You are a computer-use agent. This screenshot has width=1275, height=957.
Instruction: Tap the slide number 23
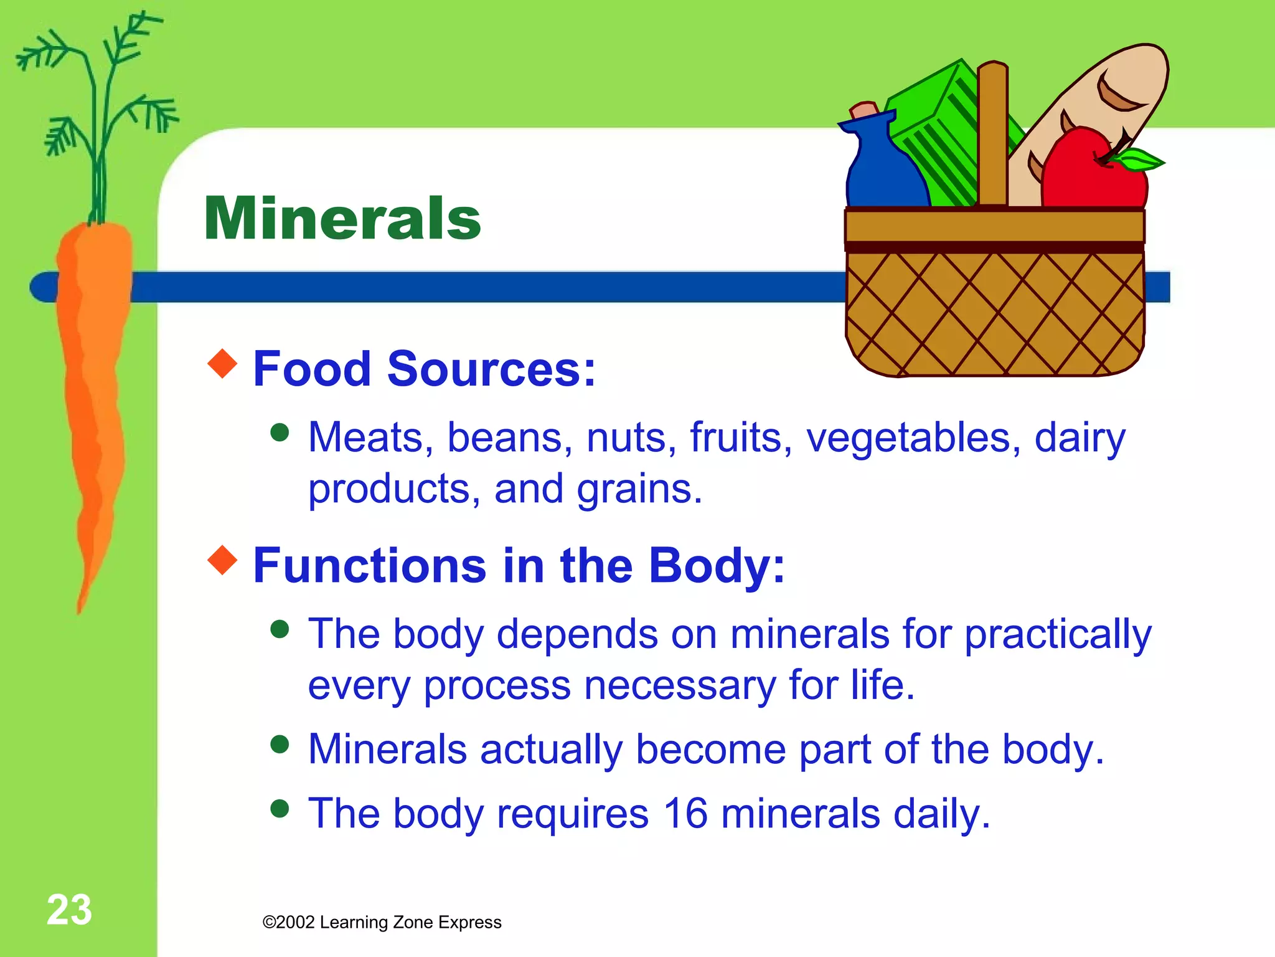point(69,910)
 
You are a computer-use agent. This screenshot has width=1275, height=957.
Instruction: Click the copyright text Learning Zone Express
point(382,922)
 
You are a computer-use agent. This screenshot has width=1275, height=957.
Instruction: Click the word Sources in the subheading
point(492,369)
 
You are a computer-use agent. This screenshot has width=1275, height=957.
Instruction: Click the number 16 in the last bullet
point(685,813)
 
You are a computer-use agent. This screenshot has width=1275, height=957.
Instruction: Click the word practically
point(1058,636)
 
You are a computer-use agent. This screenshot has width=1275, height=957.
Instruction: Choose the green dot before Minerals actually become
point(280,744)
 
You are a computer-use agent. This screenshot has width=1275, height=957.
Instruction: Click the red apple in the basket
point(1089,174)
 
